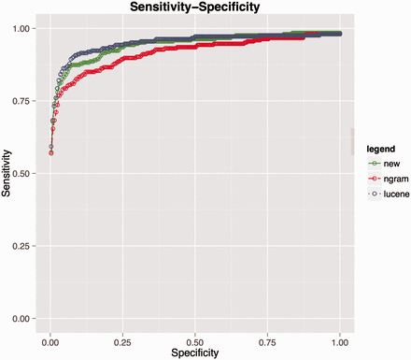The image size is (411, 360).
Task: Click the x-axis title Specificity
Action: pos(195,353)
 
